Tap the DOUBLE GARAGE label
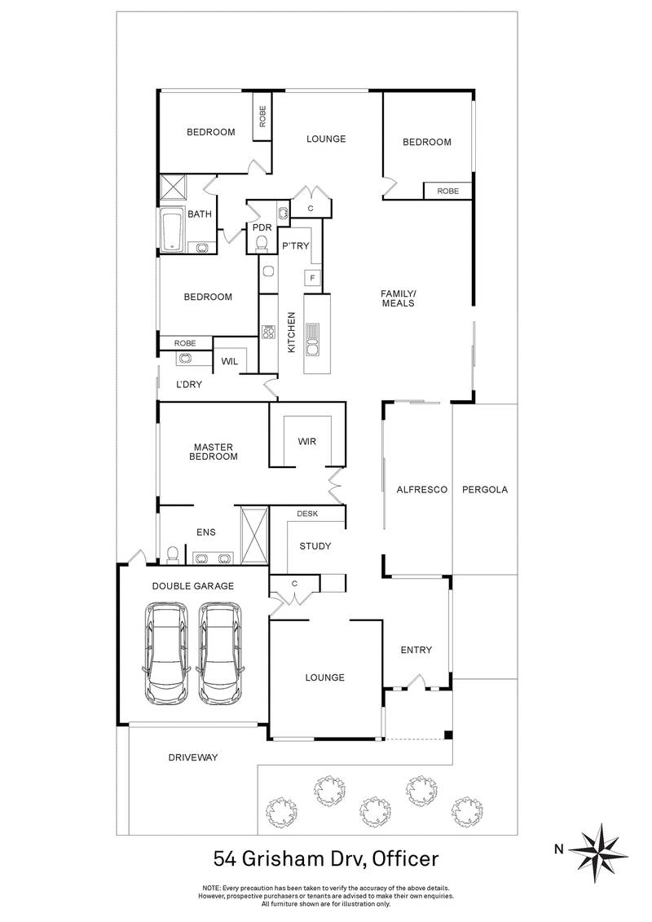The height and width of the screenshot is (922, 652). coord(193,585)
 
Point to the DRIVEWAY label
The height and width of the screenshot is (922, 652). coord(193,757)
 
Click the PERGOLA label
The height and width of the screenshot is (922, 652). coord(484,490)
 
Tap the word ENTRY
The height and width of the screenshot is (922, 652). coord(416,650)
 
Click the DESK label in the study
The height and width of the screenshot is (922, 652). coord(307,514)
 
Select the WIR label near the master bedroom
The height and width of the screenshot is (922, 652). coord(306,442)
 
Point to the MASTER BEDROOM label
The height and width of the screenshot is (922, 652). coord(214,452)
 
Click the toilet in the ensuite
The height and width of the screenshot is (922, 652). coord(172,555)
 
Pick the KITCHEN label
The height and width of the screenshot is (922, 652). coord(290,332)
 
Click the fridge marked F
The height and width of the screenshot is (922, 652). coord(311,279)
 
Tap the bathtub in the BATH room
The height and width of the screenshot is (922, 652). coord(171,232)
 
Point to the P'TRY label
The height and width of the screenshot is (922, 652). coord(295,245)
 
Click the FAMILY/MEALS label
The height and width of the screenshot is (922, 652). coord(399,298)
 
